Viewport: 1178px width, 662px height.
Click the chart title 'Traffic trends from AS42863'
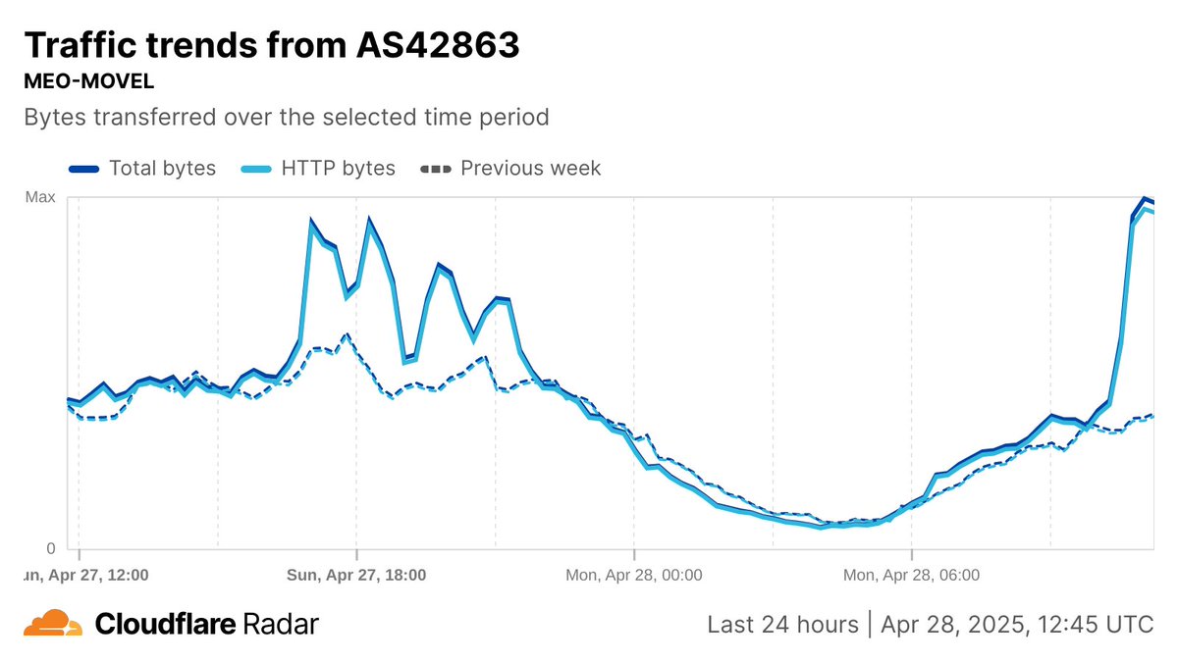271,45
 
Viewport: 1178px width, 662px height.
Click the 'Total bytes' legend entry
162,168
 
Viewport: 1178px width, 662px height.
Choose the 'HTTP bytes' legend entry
338,168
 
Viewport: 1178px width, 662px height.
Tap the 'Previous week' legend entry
530,168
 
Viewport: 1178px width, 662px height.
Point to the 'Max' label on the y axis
40,197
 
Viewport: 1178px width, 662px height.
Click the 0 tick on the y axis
51,548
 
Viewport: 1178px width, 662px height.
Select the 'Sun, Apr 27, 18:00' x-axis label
356,576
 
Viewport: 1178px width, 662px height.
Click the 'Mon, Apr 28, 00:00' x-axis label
634,576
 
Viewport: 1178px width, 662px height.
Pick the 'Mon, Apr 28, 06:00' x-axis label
912,576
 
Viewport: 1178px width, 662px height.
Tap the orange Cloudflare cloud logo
53,624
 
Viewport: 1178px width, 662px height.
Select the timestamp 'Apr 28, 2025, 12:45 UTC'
1017,624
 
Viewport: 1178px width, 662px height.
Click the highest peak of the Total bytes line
1144,199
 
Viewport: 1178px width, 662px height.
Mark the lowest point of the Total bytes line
823,526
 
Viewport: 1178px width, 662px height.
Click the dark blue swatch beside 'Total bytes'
84,169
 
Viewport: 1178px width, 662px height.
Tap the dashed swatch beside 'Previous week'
435,169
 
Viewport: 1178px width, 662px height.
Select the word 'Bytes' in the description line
55,118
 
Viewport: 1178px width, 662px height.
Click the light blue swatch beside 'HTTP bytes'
257,169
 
